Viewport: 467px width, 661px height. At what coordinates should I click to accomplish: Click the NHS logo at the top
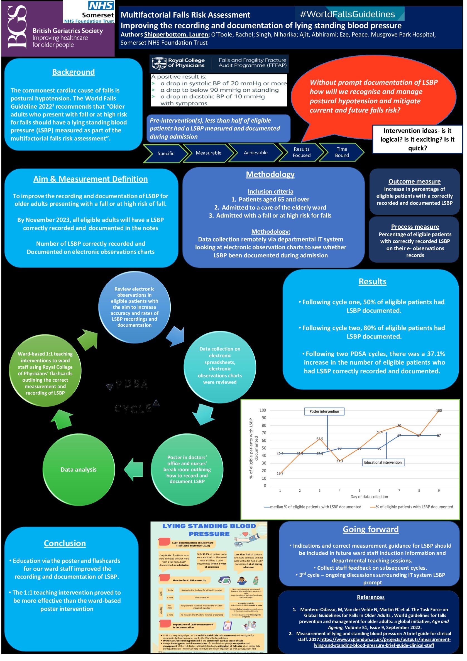[101, 5]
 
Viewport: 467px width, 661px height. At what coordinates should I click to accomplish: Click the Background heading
[73, 72]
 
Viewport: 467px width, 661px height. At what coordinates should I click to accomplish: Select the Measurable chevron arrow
[208, 153]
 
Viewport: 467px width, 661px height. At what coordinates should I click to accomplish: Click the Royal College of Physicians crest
[159, 63]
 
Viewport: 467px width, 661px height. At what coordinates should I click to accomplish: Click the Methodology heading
[270, 174]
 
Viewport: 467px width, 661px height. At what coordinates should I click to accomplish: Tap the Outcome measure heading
[414, 181]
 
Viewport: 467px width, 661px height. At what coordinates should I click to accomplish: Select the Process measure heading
[415, 226]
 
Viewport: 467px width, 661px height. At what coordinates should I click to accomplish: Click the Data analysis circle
[79, 470]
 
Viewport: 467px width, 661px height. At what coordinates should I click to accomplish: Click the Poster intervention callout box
[324, 411]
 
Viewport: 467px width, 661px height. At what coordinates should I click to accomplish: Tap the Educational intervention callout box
[383, 462]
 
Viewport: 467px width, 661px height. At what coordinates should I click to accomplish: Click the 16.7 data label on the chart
[280, 474]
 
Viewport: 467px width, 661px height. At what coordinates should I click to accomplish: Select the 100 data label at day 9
[439, 411]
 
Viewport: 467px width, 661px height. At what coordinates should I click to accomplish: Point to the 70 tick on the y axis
[263, 433]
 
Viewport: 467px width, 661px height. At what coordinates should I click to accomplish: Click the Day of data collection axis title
[369, 497]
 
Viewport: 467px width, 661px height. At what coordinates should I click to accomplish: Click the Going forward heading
[370, 530]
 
